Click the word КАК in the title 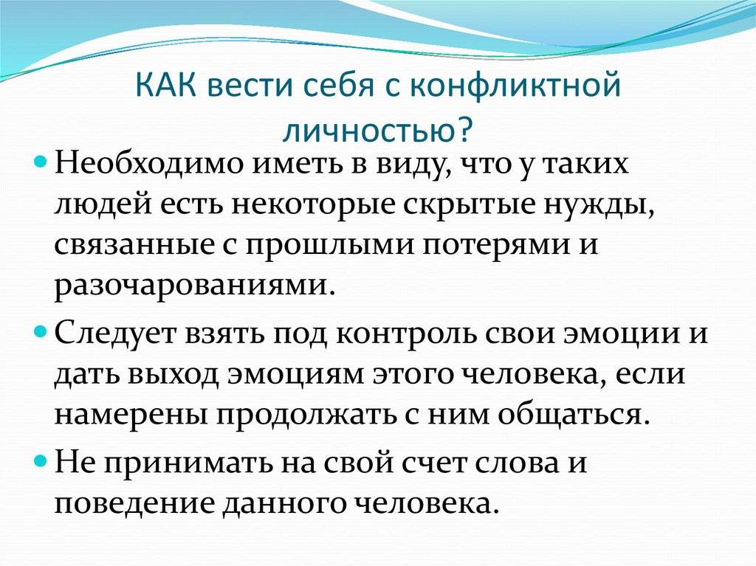pyautogui.click(x=166, y=86)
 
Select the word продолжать pyautogui.click(x=309, y=417)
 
